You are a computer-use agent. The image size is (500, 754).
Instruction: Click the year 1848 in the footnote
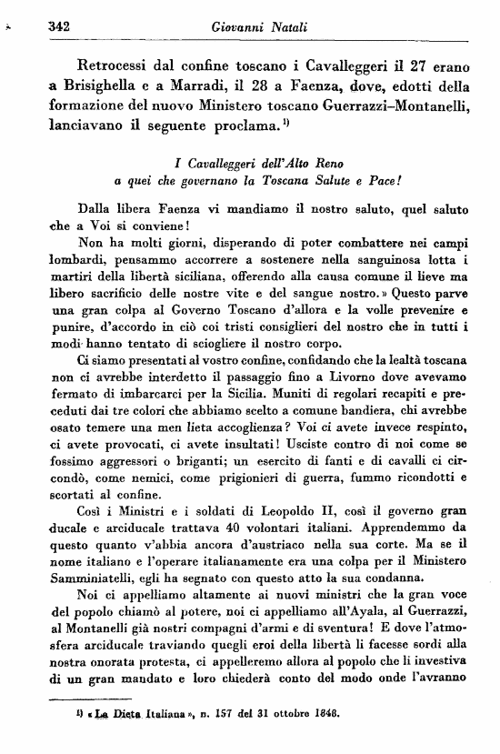[323, 715]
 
